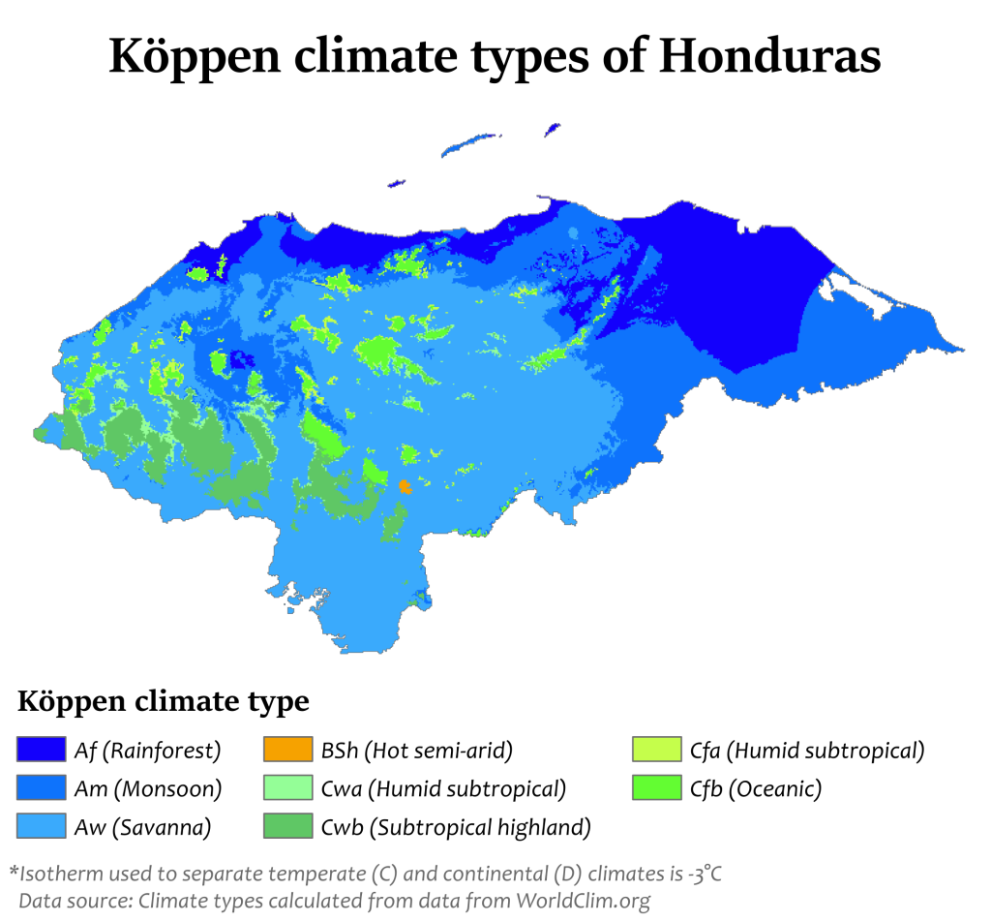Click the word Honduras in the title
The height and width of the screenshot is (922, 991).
click(x=769, y=57)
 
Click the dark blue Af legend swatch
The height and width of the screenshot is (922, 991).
click(x=41, y=751)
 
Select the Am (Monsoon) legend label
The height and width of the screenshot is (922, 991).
click(x=148, y=789)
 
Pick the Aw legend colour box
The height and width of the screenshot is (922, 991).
click(x=41, y=826)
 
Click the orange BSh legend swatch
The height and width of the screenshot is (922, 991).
click(x=287, y=751)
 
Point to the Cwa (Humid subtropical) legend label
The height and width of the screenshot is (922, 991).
click(x=443, y=789)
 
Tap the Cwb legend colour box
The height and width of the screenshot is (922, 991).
click(x=287, y=826)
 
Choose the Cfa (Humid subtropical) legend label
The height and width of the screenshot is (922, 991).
click(x=807, y=751)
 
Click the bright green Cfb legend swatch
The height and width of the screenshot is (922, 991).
click(x=656, y=789)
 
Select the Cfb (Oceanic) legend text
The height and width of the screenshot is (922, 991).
click(x=756, y=789)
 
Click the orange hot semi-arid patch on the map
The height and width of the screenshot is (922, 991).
click(x=405, y=486)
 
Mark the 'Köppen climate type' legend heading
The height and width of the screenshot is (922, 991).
click(x=163, y=701)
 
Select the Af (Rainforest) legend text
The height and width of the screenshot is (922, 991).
click(x=148, y=751)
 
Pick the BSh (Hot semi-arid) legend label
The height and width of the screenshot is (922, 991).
click(x=416, y=751)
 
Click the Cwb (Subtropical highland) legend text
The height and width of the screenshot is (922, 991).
click(x=456, y=827)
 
